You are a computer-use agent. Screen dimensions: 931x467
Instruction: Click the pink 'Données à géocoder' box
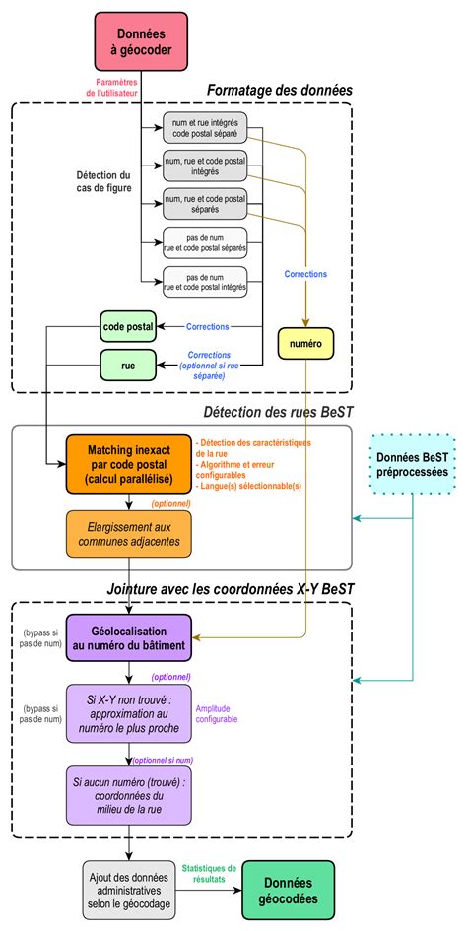139,42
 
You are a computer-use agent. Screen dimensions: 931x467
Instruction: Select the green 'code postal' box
128,325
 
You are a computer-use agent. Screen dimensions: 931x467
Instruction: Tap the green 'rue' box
128,365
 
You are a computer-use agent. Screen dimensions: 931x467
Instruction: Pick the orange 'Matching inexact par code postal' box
128,463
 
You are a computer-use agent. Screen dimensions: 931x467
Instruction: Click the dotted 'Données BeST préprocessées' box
412,464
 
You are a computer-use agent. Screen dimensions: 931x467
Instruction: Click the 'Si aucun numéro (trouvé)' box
128,795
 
